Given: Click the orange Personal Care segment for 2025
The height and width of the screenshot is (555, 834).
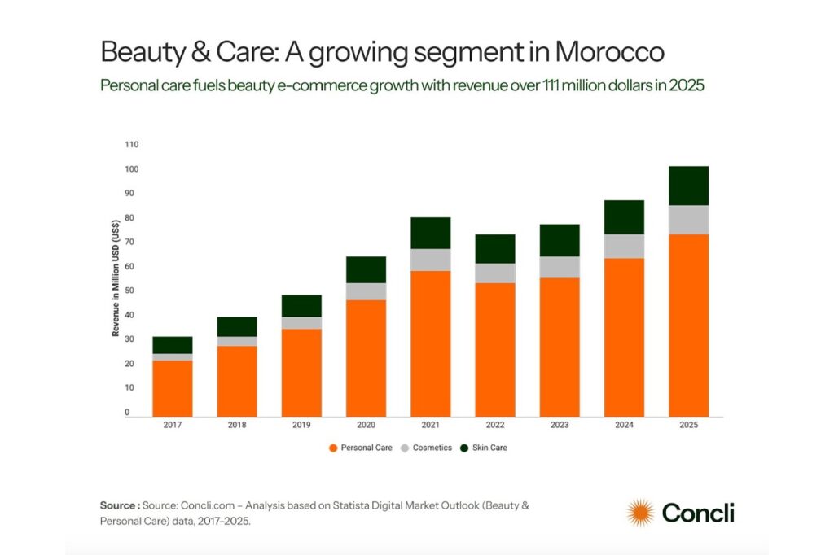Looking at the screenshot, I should (x=688, y=326).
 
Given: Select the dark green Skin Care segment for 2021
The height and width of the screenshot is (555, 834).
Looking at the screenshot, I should (x=430, y=233).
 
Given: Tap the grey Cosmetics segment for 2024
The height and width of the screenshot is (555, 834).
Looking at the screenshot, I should (x=624, y=247).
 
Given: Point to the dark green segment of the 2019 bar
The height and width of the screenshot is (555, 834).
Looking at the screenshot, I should (x=301, y=306).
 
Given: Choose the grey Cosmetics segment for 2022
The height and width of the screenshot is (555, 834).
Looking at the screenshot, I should (x=494, y=273).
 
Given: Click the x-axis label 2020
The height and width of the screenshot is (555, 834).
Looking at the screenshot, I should (x=366, y=426).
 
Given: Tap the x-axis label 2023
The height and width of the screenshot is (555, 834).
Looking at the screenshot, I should (x=560, y=426).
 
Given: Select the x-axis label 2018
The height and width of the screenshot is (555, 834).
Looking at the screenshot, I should (x=237, y=426).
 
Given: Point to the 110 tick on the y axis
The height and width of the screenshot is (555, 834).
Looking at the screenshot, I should (x=132, y=145).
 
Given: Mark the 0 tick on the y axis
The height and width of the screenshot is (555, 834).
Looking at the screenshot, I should (x=126, y=413).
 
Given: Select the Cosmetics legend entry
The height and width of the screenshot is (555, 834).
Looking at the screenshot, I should (x=427, y=448).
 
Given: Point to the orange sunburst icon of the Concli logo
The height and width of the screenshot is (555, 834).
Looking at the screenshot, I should (x=640, y=513).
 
